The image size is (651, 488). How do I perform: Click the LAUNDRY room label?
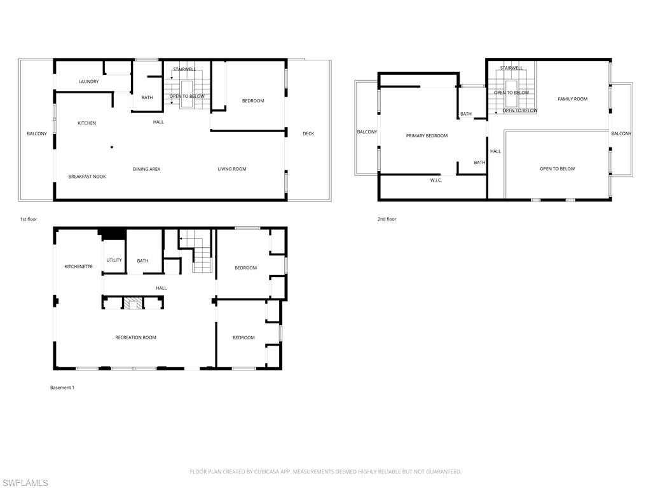[x=88, y=82]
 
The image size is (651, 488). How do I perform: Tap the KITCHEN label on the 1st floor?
[x=87, y=123]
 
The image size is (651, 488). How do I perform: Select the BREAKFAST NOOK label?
[x=87, y=177]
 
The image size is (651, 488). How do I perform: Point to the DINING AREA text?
[x=146, y=169]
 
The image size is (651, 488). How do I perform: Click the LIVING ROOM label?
[x=232, y=169]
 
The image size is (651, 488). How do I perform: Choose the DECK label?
[x=308, y=133]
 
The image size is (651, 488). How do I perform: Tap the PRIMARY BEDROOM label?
[x=427, y=136]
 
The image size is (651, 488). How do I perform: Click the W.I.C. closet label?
[x=436, y=180]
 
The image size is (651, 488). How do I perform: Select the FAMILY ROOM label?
[x=572, y=99]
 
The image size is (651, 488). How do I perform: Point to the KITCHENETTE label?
[x=78, y=267]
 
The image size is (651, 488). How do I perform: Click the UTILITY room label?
[x=114, y=261]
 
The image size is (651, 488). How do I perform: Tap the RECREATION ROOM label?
[x=135, y=338]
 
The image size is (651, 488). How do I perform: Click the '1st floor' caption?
[x=29, y=219]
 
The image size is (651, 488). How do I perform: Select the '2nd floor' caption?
[x=387, y=219]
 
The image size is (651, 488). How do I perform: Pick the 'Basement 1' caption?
[x=62, y=388]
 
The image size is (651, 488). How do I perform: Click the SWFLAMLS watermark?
[x=25, y=483]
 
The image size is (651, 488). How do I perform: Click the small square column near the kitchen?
[x=112, y=147]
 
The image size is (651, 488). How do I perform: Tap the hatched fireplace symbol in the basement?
[x=134, y=304]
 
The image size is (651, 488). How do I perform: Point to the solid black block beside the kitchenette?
[x=113, y=234]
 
